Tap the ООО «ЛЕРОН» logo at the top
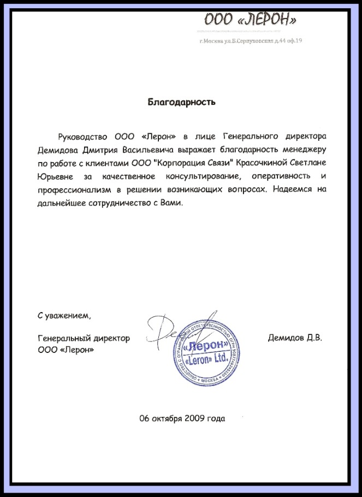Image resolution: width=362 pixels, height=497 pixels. [x=251, y=21]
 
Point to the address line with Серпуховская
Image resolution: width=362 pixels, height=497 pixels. [x=251, y=41]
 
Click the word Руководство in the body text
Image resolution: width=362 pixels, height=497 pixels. [x=84, y=136]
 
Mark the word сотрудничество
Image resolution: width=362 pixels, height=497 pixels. [x=121, y=203]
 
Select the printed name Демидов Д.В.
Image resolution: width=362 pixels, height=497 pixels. [x=295, y=338]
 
